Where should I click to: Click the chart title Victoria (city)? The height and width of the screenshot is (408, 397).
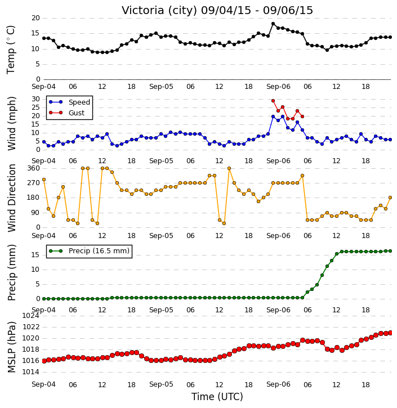(159, 11)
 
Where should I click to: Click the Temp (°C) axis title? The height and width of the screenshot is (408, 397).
(11, 50)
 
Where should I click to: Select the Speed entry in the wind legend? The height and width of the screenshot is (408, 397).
(79, 102)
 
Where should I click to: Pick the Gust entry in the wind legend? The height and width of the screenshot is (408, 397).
(77, 113)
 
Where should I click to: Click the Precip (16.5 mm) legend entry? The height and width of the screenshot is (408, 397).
(99, 251)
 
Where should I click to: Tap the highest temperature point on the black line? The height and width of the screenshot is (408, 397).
(273, 24)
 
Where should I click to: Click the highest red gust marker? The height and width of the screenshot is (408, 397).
(273, 101)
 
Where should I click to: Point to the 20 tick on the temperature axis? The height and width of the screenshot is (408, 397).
(35, 18)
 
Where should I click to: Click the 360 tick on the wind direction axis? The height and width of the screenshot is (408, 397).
(34, 168)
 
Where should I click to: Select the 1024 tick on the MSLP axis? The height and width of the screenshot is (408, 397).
(31, 316)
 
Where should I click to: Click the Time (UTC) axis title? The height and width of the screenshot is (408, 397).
(217, 397)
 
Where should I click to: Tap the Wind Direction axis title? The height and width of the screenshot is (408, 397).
(11, 198)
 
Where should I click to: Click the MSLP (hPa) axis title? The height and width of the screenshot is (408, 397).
(11, 347)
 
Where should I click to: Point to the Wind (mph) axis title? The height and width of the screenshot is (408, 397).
(11, 123)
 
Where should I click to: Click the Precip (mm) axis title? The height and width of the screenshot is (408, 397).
(11, 272)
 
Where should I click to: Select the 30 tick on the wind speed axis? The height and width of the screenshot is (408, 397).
(35, 99)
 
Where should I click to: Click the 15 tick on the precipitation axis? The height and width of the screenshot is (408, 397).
(35, 255)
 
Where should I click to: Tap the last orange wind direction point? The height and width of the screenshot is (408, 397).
(390, 198)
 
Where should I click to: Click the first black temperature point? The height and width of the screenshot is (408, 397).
(44, 38)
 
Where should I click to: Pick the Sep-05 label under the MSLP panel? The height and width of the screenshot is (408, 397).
(161, 384)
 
